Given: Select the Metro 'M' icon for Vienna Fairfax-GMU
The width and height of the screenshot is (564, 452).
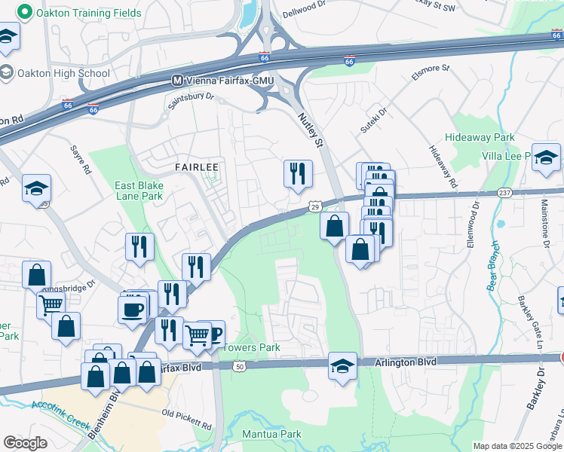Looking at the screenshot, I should [178, 80].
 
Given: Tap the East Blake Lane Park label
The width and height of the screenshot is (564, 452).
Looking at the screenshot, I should [139, 191].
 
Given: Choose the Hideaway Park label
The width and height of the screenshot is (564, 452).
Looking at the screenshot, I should [480, 138].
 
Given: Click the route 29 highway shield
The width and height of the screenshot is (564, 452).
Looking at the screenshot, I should [314, 206].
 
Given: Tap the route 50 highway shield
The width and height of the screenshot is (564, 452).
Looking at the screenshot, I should [240, 366].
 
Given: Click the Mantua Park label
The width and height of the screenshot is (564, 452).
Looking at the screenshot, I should [271, 434].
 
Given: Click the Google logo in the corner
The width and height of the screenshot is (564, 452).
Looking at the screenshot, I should [26, 443].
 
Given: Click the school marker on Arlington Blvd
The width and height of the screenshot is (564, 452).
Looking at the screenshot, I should [342, 366].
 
